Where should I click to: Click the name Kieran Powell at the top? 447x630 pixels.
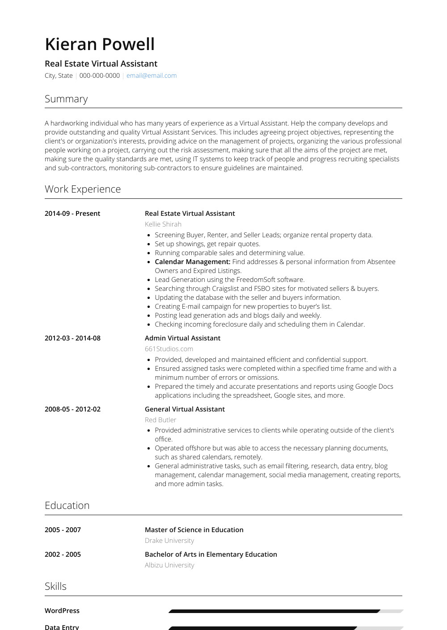[100, 44]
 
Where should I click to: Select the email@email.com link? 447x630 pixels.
[152, 76]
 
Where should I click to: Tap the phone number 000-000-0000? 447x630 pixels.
[99, 76]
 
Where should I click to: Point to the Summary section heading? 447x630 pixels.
[66, 99]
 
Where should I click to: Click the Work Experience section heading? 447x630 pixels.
[83, 189]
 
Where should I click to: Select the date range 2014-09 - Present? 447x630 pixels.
[72, 214]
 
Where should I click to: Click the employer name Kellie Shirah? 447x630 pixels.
[163, 224]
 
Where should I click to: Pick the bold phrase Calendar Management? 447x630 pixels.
[192, 262]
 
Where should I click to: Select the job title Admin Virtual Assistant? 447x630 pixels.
[182, 338]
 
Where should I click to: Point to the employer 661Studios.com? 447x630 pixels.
[169, 349]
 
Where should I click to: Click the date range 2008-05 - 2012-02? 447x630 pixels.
[72, 409]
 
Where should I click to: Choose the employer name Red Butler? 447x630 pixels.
[160, 420]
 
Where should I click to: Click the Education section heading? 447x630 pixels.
[67, 505]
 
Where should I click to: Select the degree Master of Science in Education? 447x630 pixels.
[194, 530]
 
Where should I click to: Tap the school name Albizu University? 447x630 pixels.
[169, 565]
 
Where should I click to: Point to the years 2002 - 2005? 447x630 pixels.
[63, 554]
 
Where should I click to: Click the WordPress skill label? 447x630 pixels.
[62, 611]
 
